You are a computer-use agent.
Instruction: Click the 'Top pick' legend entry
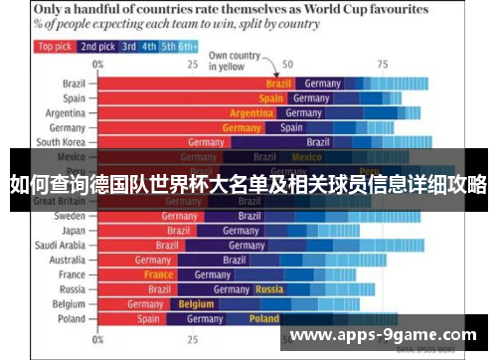coord(55,46)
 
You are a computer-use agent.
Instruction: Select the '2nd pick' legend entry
coord(98,46)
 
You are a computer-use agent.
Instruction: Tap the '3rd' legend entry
coord(129,46)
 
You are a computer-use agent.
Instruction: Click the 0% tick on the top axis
coord(97,64)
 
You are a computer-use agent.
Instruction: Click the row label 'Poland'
coord(71,319)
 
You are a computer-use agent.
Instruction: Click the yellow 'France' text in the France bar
coord(158,274)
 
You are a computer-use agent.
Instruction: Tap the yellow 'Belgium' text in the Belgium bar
coord(196,304)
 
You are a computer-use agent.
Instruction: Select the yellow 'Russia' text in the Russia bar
coord(269,289)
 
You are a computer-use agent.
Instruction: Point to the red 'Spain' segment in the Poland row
coord(148,319)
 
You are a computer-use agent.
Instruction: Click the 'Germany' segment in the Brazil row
coord(322,84)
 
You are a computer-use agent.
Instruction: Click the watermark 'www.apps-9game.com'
coord(383,335)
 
